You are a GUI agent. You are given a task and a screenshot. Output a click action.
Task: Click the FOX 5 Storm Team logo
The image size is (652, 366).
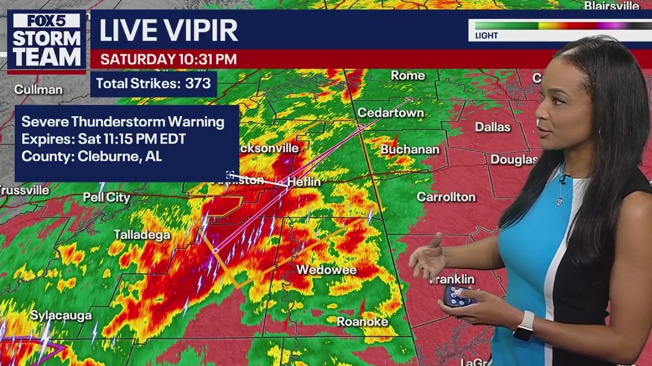coord(48,40)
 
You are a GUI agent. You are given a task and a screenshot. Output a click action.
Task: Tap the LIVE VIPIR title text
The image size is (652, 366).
coord(168,30)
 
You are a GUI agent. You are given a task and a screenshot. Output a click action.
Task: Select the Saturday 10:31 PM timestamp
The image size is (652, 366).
coord(168,59)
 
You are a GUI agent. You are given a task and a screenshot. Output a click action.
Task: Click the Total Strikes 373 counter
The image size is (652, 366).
coord(154,83)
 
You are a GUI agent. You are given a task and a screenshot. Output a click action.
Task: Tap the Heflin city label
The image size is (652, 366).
coord(305,182)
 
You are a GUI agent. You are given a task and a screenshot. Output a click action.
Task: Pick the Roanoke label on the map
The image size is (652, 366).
coord(362,321)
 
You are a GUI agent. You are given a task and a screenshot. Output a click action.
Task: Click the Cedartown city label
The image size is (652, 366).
coord(390,113)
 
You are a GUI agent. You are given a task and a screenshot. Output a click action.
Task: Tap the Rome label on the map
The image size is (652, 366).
coord(407,75)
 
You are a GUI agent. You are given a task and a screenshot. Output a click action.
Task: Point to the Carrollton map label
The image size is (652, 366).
coord(446,197)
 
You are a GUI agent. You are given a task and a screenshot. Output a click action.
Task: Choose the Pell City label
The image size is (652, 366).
coord(106,198)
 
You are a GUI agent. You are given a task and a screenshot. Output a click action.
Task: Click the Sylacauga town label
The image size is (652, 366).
coord(61,315)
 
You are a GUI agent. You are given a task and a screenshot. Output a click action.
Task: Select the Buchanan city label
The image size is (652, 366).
coord(410,150)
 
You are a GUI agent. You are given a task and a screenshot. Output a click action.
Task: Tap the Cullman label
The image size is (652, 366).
coord(38,90)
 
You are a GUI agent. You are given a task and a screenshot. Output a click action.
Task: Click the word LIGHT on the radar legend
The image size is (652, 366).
coord(487,36)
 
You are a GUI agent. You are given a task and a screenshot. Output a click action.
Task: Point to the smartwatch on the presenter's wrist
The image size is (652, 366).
coord(524,325)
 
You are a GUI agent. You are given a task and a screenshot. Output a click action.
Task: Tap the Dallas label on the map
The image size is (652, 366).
coord(493,127)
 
